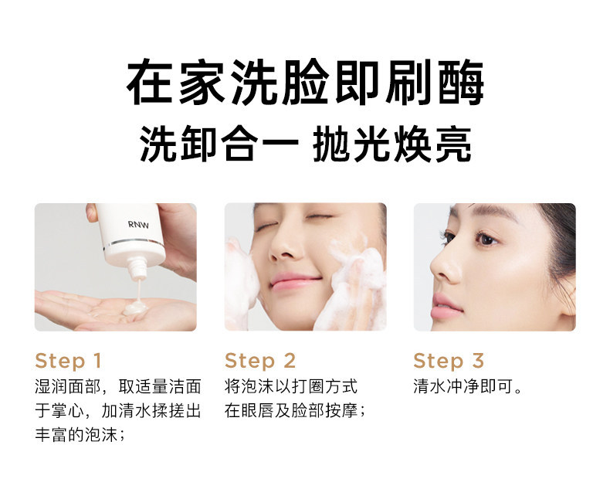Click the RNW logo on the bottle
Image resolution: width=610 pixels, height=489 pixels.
pyautogui.click(x=138, y=225)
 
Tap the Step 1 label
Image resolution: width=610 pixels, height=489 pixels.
pyautogui.click(x=68, y=361)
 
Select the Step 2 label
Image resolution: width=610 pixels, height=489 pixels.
pyautogui.click(x=260, y=361)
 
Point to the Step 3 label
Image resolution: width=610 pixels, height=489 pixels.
pyautogui.click(x=449, y=361)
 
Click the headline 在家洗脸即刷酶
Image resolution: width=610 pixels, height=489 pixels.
pyautogui.click(x=306, y=82)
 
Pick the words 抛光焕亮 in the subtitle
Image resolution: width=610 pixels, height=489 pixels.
pyautogui.click(x=392, y=144)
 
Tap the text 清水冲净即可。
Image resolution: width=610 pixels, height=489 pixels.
pyautogui.click(x=468, y=386)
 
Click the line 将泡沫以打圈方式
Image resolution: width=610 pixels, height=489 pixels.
pyautogui.click(x=291, y=386)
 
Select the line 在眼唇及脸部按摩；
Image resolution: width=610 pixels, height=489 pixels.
pyautogui.click(x=295, y=411)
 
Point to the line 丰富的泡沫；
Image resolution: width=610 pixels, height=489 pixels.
pyautogui.click(x=80, y=435)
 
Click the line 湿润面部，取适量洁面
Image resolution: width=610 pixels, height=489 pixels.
pyautogui.click(x=118, y=386)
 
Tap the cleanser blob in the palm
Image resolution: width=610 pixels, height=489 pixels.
pyautogui.click(x=135, y=308)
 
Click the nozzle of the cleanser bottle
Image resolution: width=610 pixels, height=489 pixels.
pyautogui.click(x=137, y=268)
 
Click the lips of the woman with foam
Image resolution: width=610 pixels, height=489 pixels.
pyautogui.click(x=294, y=281)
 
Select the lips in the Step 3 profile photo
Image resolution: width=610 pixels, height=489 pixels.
pyautogui.click(x=446, y=306)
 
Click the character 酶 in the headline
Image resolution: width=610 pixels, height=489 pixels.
pyautogui.click(x=461, y=82)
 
